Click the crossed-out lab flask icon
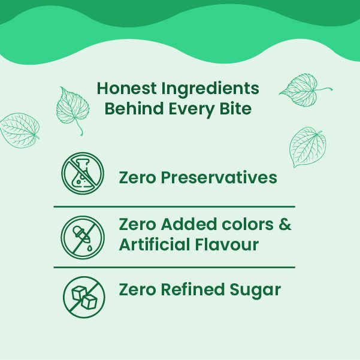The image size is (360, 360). pos(83,173)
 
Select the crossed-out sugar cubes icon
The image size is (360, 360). pos(84,297)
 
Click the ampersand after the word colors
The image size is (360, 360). pos(285,225)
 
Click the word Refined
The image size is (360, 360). pos(190,290)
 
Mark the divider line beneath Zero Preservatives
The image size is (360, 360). pos(174,206)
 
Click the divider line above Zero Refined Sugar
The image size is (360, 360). pos(174,267)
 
